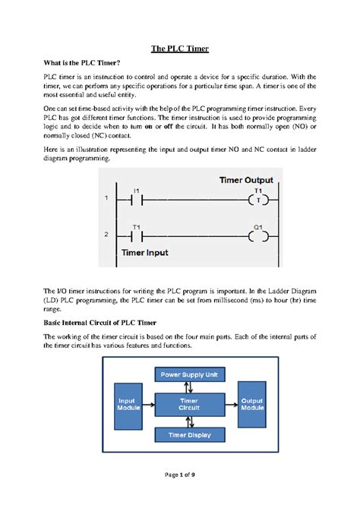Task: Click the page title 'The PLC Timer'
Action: [x=180, y=49]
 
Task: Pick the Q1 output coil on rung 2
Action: [x=258, y=236]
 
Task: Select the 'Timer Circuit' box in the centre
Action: [x=188, y=404]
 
